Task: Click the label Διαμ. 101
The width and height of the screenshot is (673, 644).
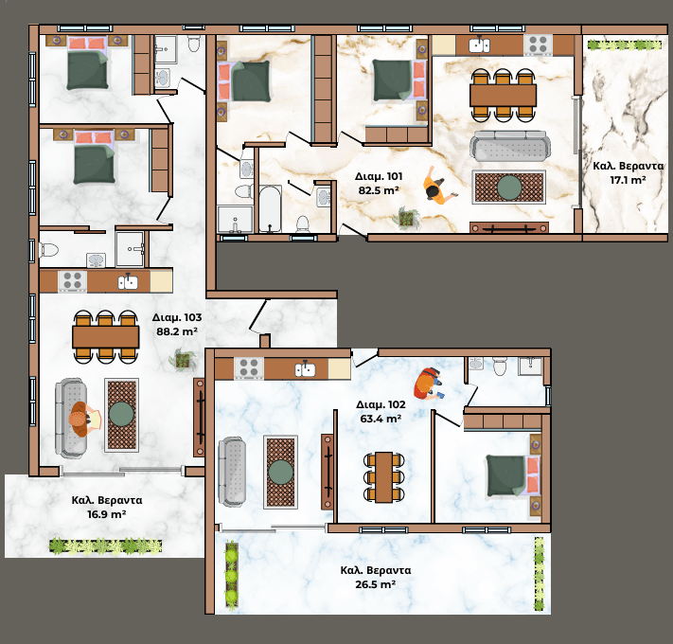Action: point(379,176)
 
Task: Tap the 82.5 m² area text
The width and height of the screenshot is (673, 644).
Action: point(379,190)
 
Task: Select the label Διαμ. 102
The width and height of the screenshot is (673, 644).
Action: point(381,404)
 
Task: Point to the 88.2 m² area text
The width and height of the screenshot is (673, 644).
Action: point(177,331)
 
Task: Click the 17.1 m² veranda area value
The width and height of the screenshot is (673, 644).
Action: point(628,180)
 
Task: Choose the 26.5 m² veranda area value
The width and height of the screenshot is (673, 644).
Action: point(375,584)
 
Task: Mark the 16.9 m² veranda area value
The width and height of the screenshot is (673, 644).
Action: point(106,514)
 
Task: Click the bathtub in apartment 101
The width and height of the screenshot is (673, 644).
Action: point(271,209)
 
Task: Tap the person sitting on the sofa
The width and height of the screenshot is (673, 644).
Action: point(84,419)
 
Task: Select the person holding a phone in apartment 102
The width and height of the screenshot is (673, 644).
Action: point(428,384)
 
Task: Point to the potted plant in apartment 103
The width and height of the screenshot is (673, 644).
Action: point(184,360)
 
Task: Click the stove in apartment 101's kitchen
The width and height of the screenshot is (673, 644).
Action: point(539,45)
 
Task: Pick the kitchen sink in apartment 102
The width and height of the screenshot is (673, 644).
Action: point(305,369)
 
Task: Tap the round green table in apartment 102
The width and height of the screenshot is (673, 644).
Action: point(281,472)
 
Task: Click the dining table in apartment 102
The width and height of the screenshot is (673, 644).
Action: point(383,477)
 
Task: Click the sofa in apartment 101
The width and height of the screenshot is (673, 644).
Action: point(510,146)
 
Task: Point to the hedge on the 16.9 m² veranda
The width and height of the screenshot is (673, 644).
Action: point(106,546)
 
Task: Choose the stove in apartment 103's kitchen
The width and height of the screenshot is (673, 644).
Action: point(72,280)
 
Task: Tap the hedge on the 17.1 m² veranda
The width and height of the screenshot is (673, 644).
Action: point(625,45)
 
